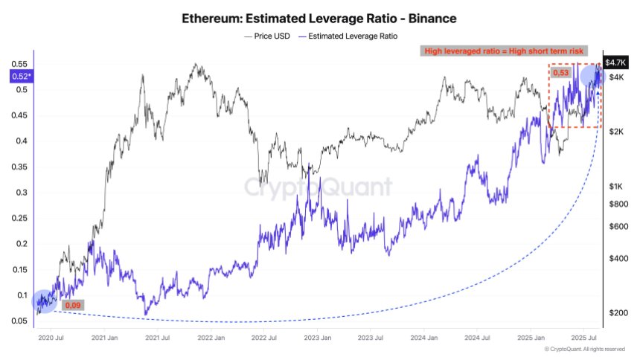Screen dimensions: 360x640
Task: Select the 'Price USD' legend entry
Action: [266, 35]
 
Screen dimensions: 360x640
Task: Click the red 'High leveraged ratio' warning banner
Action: [504, 51]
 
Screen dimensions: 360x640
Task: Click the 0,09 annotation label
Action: [73, 305]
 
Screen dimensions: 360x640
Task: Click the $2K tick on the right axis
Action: [615, 132]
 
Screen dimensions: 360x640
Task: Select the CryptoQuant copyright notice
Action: [584, 349]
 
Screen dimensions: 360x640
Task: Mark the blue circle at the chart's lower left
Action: [43, 300]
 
